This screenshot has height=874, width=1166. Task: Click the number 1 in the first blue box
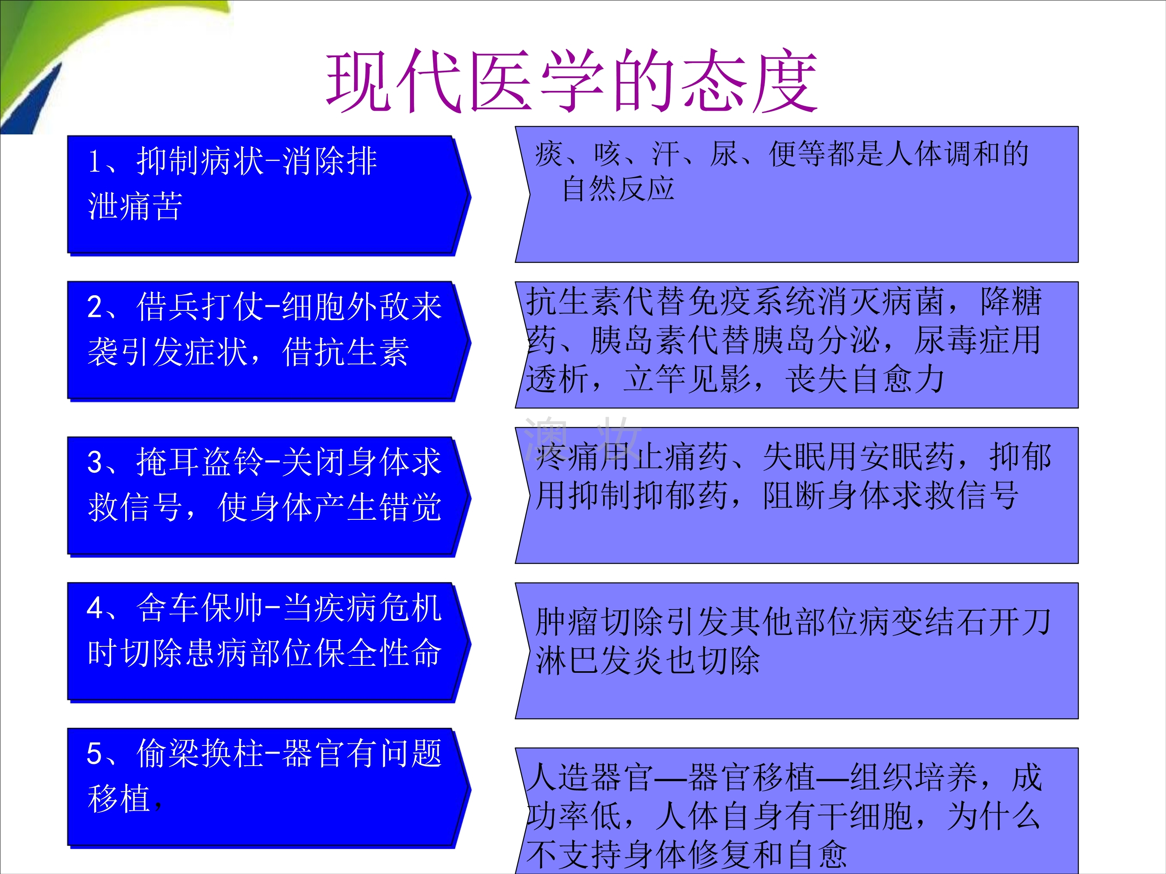coord(95,161)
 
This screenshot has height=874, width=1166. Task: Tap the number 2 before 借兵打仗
coord(95,306)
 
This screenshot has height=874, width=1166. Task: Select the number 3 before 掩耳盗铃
coord(95,462)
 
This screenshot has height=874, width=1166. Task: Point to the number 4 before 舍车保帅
coord(95,608)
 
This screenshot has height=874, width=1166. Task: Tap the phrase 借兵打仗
coord(199,306)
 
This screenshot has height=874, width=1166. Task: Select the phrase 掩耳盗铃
coord(199,461)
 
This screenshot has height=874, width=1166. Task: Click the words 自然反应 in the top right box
coord(618,189)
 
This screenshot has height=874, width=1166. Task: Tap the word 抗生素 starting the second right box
coord(574,301)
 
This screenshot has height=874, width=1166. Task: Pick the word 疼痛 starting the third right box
coord(567,456)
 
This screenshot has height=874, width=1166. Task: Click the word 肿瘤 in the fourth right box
coord(567,622)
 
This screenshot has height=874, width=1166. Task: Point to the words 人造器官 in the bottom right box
coord(590,777)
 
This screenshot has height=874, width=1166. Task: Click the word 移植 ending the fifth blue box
coord(120,798)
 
